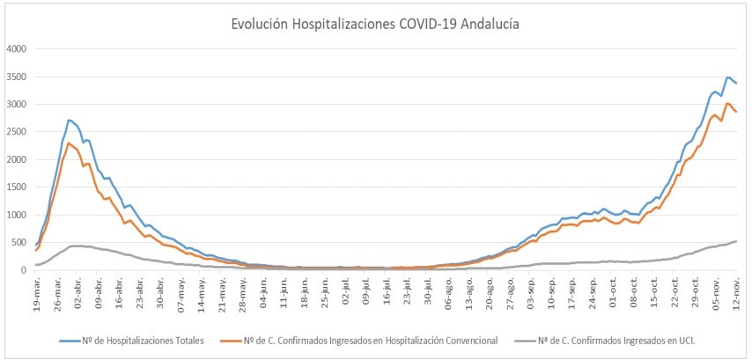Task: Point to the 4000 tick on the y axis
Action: point(17,48)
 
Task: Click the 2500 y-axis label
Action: point(17,132)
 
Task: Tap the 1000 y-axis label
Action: point(17,215)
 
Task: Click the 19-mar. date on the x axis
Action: point(37,291)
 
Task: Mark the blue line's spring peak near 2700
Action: point(70,120)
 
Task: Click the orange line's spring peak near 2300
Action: point(70,143)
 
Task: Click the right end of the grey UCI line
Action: point(736,241)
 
